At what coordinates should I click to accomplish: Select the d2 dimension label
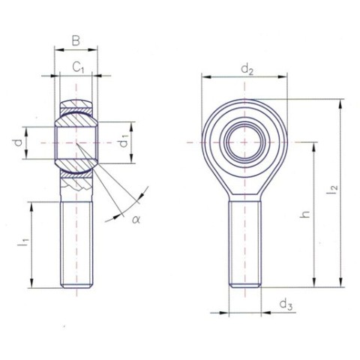247,70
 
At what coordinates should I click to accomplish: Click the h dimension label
304,214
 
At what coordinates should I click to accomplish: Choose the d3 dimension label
286,304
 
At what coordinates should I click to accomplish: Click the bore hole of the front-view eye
246,141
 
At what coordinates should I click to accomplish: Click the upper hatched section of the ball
76,117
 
